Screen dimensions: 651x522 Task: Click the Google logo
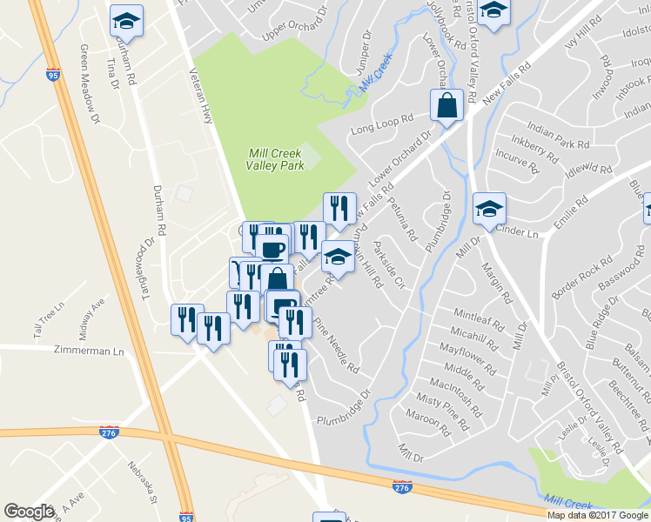[29, 512]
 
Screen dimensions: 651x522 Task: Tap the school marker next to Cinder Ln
[489, 208]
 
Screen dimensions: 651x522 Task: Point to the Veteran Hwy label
[207, 95]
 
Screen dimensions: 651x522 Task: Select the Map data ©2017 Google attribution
[599, 515]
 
